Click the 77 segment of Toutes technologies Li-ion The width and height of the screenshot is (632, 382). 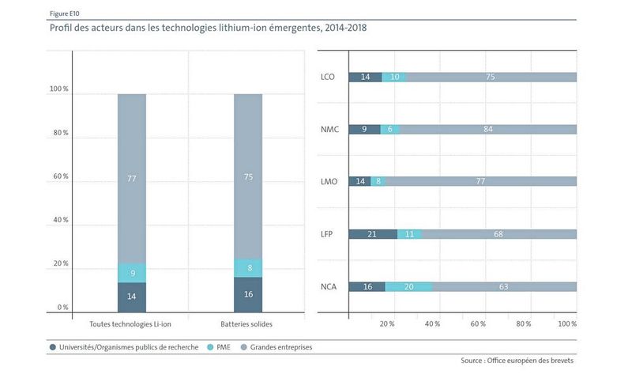click(x=132, y=179)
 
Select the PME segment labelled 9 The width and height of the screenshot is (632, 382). click(x=132, y=273)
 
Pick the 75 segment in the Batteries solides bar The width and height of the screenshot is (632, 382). click(x=248, y=177)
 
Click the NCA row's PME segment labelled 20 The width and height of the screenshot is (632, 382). click(x=408, y=286)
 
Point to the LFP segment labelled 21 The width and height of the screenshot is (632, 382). click(x=372, y=234)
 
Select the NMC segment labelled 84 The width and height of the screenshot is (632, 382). click(x=487, y=129)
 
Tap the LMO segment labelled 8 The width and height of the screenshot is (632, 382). click(x=378, y=181)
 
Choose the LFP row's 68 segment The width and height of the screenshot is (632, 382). click(x=498, y=234)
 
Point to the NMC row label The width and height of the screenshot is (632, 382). click(x=329, y=130)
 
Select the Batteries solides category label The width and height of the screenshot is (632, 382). click(x=248, y=324)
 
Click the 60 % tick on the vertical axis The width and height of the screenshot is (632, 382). click(x=60, y=176)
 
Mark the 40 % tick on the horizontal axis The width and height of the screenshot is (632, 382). click(x=432, y=324)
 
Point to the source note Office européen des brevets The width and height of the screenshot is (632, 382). click(x=517, y=361)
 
